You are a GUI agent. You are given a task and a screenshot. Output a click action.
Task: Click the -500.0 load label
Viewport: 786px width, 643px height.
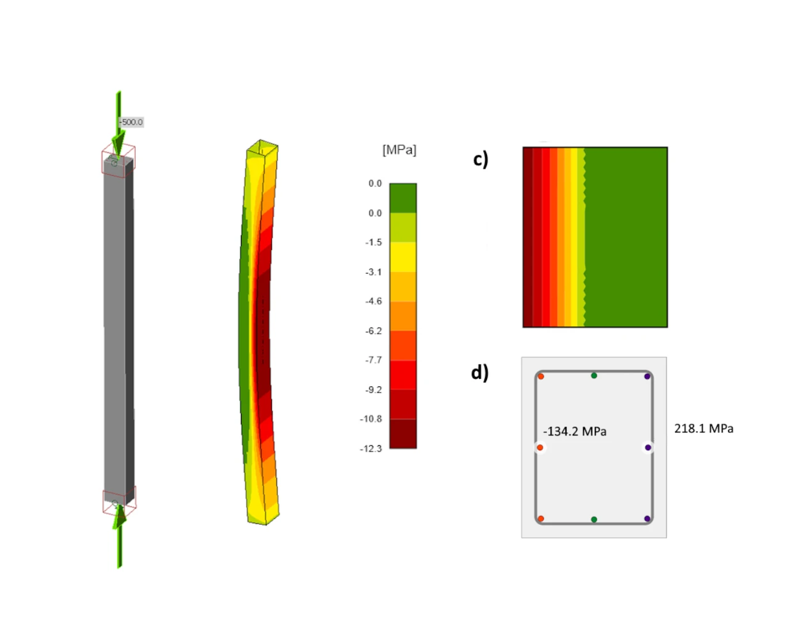[x=131, y=122]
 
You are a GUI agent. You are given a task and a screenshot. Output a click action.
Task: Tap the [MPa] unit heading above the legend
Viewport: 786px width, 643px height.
[x=399, y=150]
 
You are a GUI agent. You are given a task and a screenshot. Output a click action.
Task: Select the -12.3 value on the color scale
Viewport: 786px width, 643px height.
[x=370, y=448]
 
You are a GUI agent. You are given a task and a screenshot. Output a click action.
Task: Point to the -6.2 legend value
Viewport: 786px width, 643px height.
[x=374, y=331]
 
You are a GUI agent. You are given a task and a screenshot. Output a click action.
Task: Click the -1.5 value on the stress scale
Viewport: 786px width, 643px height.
[x=374, y=243]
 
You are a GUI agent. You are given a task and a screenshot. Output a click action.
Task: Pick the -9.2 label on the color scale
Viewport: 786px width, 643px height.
[x=374, y=390]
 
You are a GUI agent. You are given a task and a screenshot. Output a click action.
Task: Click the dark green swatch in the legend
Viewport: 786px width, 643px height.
[x=403, y=198]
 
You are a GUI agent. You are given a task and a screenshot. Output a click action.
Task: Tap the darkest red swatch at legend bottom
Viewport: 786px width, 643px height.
[x=403, y=434]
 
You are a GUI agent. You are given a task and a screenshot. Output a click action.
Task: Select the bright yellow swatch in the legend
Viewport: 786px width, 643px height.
[x=403, y=257]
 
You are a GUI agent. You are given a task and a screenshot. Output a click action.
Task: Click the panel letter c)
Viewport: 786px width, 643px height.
[x=480, y=160]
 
